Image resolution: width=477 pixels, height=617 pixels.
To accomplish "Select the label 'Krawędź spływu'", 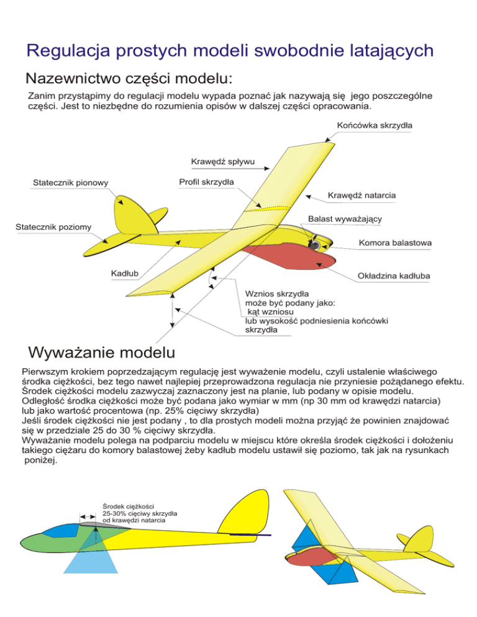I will [219, 163].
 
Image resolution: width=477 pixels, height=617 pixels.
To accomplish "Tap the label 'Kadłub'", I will [124, 272].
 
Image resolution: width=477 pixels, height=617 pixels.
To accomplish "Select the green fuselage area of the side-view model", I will [50, 541].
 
